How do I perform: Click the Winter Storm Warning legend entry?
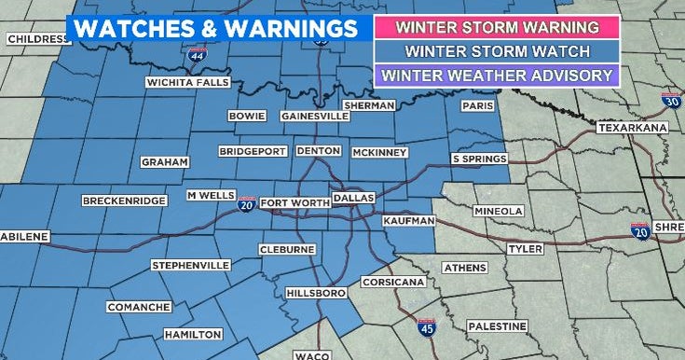point(496,26)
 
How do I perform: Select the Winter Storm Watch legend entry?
point(496,50)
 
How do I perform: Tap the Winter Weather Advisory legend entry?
point(496,75)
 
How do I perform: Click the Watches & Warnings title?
point(216,28)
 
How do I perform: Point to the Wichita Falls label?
point(187,82)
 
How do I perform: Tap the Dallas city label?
point(353,199)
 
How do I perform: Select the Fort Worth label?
point(294,203)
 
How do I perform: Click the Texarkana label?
point(633,127)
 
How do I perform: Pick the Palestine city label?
point(497,326)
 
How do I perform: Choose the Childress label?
point(38,39)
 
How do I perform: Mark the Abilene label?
point(24,237)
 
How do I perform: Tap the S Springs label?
point(479,159)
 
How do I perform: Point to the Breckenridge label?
point(124,201)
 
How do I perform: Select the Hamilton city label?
point(192,334)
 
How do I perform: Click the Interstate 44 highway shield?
point(197,58)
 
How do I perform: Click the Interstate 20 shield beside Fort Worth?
point(246,203)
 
